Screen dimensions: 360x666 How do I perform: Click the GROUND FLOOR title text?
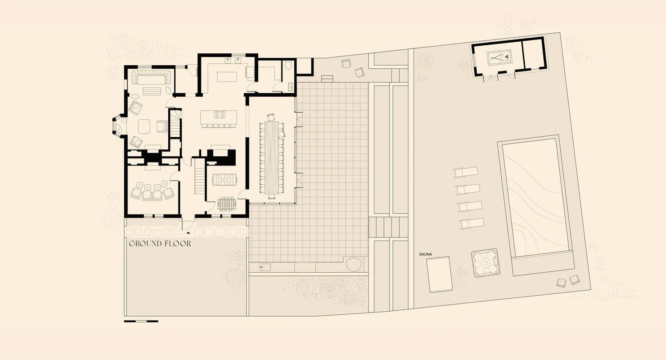click(160, 244)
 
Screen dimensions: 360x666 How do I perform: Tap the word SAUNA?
click(425, 254)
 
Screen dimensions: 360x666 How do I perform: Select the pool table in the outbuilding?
click(500, 58)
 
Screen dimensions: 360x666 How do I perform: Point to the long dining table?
click(271, 158)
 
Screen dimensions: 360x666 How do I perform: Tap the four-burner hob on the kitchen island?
click(220, 115)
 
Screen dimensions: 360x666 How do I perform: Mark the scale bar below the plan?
click(141, 321)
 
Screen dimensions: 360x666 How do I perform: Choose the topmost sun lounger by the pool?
click(465, 172)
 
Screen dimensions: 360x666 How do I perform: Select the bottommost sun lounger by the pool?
click(472, 223)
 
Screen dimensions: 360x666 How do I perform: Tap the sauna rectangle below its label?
click(439, 274)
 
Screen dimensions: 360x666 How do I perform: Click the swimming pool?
click(535, 200)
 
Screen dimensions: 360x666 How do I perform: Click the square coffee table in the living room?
click(145, 127)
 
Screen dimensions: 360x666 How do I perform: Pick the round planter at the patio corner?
click(354, 265)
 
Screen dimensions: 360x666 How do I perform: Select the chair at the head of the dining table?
click(271, 118)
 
